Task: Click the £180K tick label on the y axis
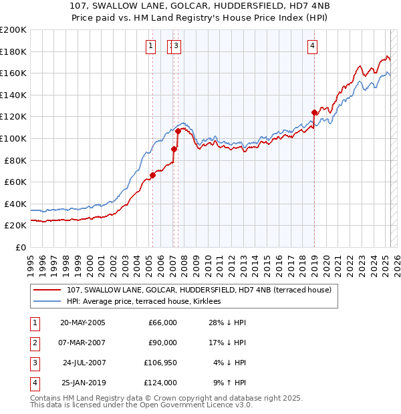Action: tap(13, 51)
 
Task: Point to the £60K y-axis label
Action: tap(15, 182)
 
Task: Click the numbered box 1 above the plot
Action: tap(150, 46)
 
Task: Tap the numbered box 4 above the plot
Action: tap(313, 46)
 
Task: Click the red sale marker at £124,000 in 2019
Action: tap(314, 112)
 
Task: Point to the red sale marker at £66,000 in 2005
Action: tap(152, 176)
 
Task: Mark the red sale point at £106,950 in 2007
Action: tap(178, 131)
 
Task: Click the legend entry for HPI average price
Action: tap(148, 301)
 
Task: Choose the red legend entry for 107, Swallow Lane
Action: tap(194, 290)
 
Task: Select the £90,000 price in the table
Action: tap(162, 343)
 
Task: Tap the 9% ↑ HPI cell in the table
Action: tap(229, 383)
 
